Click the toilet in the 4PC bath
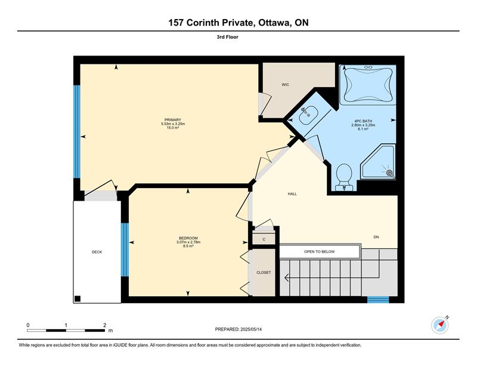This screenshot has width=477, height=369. tap(345, 177)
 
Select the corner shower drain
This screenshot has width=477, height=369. tap(389, 173)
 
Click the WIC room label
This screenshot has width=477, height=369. tap(285, 85)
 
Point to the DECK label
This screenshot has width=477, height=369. tap(97, 252)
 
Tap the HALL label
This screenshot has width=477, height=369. tap(292, 194)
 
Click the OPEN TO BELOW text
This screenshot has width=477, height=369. tap(320, 252)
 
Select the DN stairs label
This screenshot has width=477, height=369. tap(376, 237)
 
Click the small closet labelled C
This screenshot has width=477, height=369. tap(264, 239)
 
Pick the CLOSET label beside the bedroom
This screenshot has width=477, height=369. tap(264, 273)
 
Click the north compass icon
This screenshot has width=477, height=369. tap(440, 325)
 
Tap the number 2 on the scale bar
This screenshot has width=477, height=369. tap(105, 325)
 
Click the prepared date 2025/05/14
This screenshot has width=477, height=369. tap(251, 330)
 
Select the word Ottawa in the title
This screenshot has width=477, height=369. tap(273, 23)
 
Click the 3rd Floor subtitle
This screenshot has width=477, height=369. tap(228, 37)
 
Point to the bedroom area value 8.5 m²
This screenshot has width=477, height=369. tap(188, 246)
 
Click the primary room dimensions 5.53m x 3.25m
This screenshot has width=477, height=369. tap(173, 124)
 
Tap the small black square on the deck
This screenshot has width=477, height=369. tap(78, 299)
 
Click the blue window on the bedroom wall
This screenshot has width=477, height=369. tap(125, 250)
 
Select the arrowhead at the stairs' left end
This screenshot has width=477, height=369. tap(286, 278)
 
